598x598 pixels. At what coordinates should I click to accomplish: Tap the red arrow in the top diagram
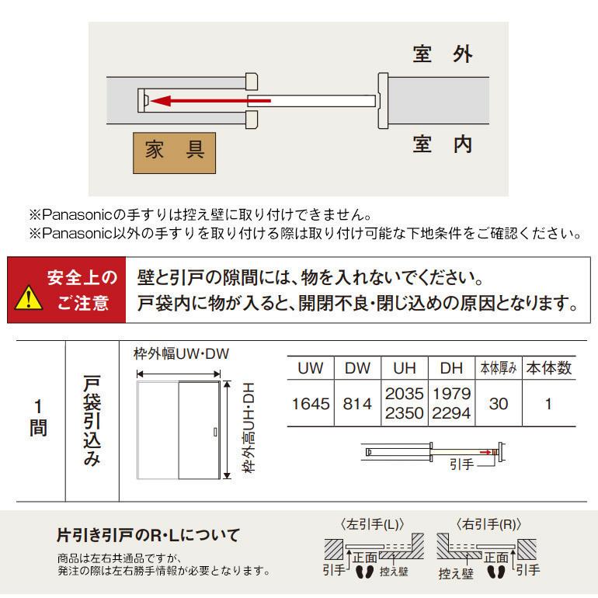click(x=210, y=100)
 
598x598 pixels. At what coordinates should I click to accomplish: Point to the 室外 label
click(x=443, y=55)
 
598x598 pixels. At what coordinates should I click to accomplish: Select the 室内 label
click(x=443, y=145)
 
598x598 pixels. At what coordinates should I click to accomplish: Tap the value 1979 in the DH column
click(x=451, y=395)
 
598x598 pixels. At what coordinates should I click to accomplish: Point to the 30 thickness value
click(x=498, y=404)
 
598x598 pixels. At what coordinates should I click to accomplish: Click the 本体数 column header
click(x=548, y=367)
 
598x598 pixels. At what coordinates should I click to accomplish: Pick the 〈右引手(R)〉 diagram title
click(x=488, y=523)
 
